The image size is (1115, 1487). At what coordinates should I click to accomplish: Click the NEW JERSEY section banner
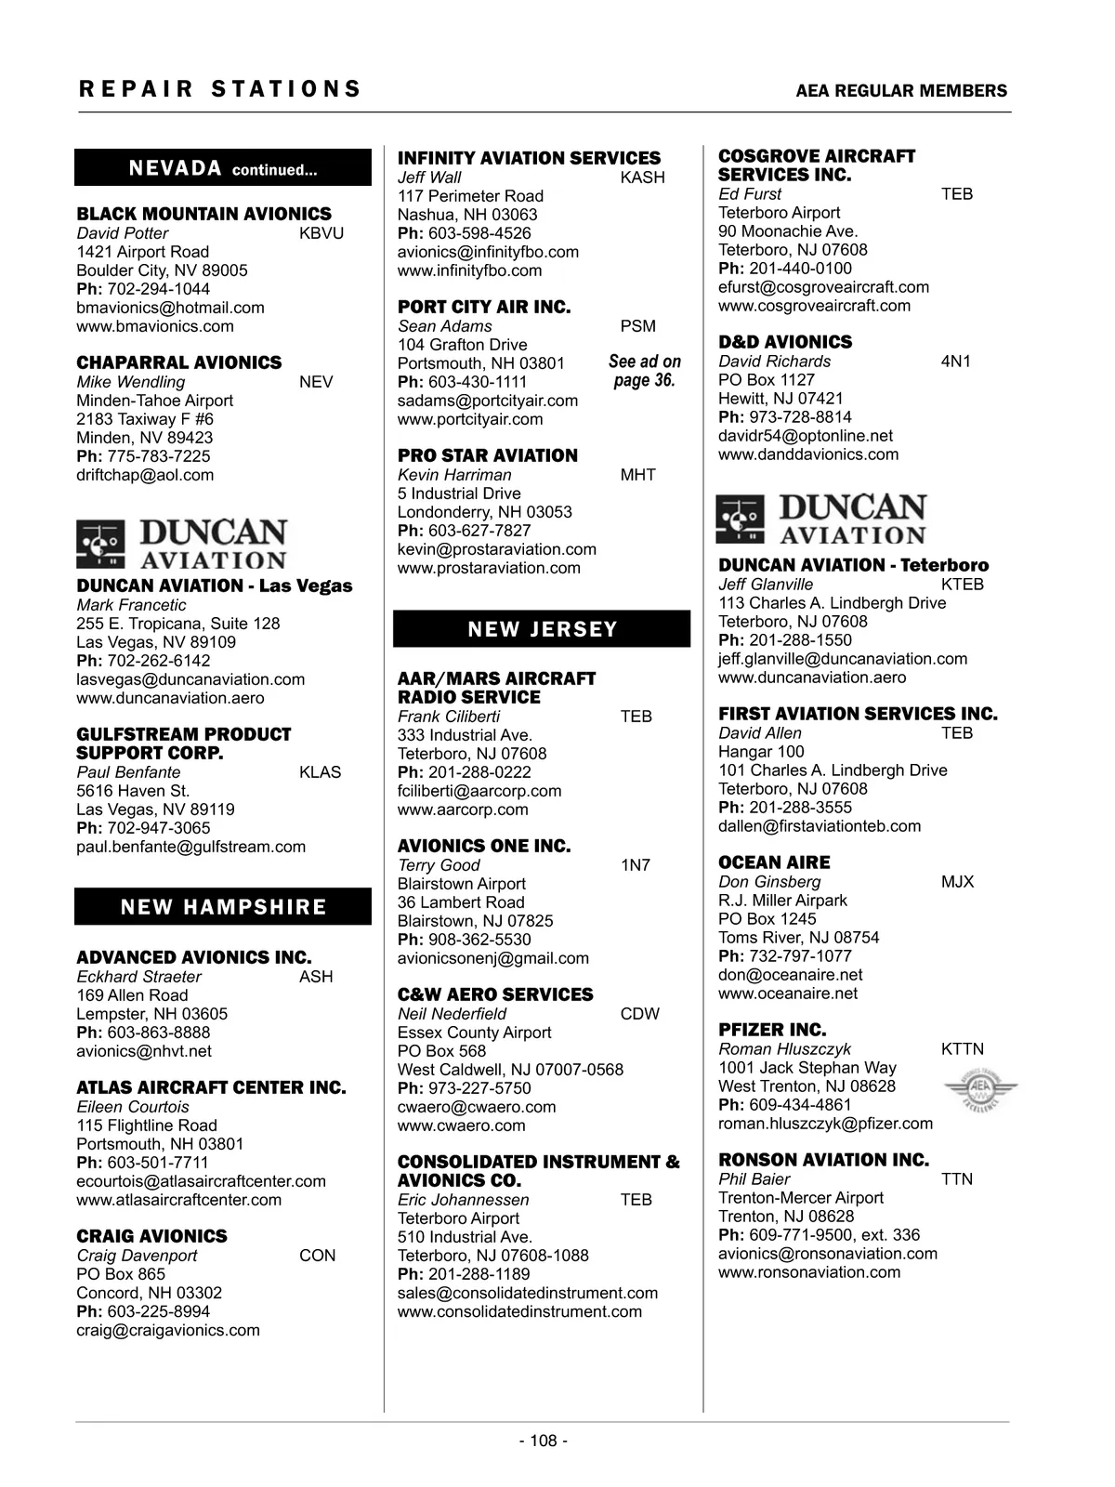pyautogui.click(x=542, y=629)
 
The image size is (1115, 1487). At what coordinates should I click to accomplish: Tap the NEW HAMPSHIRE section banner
pyautogui.click(x=223, y=907)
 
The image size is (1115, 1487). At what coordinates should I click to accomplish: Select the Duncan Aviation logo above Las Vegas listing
pyautogui.click(x=182, y=545)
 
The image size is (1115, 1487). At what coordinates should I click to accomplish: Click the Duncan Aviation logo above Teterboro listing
pyautogui.click(x=822, y=520)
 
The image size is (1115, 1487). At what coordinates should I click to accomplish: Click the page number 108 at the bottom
pyautogui.click(x=544, y=1441)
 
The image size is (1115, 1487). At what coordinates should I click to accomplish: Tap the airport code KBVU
pyautogui.click(x=321, y=233)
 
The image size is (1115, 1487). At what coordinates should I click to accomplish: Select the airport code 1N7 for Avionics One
pyautogui.click(x=636, y=865)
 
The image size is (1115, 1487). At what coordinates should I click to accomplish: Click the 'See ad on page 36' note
pyautogui.click(x=645, y=371)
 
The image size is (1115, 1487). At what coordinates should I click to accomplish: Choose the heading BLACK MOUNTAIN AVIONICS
pyautogui.click(x=203, y=214)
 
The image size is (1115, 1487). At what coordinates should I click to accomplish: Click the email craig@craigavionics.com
pyautogui.click(x=168, y=1330)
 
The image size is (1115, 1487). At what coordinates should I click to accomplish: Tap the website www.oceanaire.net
pyautogui.click(x=788, y=994)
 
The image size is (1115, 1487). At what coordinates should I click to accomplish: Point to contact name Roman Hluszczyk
pyautogui.click(x=784, y=1049)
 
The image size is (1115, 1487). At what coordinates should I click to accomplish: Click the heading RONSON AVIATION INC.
pyautogui.click(x=823, y=1160)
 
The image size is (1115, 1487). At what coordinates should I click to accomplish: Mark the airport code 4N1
pyautogui.click(x=955, y=362)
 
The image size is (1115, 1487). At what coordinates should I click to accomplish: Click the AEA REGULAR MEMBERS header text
pyautogui.click(x=901, y=91)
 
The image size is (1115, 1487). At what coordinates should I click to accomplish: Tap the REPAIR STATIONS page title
pyautogui.click(x=220, y=89)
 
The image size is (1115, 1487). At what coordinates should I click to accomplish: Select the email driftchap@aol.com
pyautogui.click(x=145, y=475)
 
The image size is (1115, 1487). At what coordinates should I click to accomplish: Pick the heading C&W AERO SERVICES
pyautogui.click(x=495, y=994)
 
